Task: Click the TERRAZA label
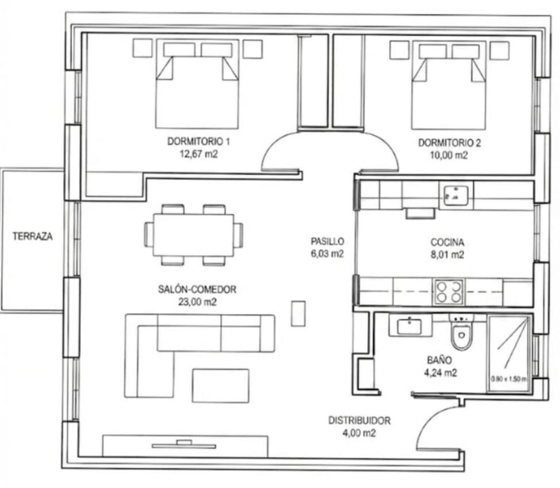click(x=32, y=236)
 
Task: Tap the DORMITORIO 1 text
click(x=199, y=141)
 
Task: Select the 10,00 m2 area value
click(x=449, y=155)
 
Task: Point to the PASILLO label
click(x=327, y=241)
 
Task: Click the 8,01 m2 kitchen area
click(x=447, y=255)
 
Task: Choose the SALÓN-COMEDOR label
click(x=197, y=289)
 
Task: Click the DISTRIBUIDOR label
click(x=359, y=420)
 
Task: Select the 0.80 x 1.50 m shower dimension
click(x=508, y=379)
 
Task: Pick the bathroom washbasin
click(x=410, y=325)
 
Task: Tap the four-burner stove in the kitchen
click(x=448, y=292)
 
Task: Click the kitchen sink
click(x=456, y=195)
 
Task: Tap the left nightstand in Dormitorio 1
click(x=143, y=48)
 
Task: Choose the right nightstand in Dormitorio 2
click(x=500, y=50)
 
